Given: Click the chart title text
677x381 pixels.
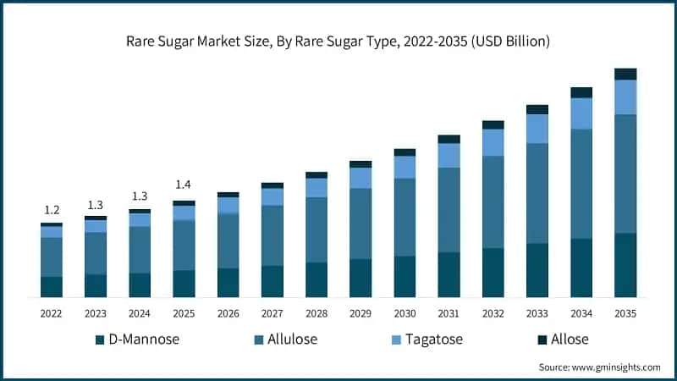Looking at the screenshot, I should click(x=338, y=41).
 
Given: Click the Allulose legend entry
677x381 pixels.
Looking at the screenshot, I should click(x=291, y=340).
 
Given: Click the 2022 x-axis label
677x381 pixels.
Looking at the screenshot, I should click(x=52, y=313).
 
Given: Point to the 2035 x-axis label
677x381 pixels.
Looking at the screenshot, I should click(x=625, y=313).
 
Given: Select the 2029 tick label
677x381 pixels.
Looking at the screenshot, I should click(x=361, y=313).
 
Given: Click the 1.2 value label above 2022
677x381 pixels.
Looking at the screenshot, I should click(x=52, y=210).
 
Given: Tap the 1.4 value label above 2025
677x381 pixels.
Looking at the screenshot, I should click(x=184, y=185).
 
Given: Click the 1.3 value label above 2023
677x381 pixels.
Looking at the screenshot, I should click(x=96, y=204).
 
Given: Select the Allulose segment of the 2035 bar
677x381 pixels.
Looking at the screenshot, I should click(x=625, y=174).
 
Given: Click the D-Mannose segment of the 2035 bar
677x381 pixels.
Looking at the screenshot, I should click(x=625, y=265).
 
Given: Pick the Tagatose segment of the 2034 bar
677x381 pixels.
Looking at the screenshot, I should click(x=581, y=113).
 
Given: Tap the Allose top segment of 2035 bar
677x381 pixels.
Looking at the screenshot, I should click(x=625, y=74).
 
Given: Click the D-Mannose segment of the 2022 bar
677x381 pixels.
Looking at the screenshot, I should click(x=52, y=287).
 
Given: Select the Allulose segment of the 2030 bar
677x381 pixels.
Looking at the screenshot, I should click(x=405, y=217).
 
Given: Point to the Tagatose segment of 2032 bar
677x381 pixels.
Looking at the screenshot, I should click(x=493, y=142).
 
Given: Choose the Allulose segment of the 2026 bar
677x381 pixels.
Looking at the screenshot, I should click(x=228, y=240).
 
